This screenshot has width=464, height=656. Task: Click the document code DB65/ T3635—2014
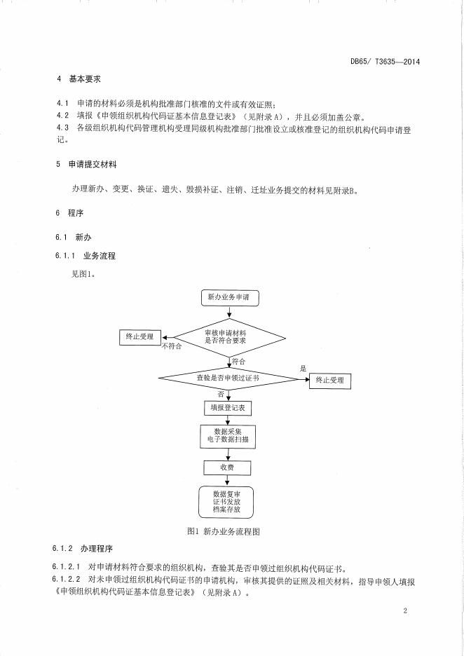[385, 62]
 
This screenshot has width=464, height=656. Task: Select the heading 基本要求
[85, 78]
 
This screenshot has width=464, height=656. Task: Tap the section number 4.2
[62, 116]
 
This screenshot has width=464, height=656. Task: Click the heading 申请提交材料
[93, 165]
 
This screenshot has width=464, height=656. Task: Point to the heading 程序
[76, 213]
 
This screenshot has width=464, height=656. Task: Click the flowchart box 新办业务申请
[229, 297]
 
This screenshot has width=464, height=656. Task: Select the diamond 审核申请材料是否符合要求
[230, 338]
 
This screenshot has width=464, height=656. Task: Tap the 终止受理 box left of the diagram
[139, 336]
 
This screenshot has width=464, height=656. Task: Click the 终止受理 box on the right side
[330, 381]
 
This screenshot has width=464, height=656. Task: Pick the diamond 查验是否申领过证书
[230, 378]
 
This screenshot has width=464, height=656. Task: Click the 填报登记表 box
[228, 408]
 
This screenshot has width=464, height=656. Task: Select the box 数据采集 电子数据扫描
[228, 437]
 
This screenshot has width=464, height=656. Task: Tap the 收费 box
[228, 467]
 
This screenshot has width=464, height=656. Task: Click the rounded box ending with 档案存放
[226, 502]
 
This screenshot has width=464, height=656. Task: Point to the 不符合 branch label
[172, 346]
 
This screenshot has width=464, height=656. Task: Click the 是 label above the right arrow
[303, 369]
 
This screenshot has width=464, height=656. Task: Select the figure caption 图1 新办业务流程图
[224, 531]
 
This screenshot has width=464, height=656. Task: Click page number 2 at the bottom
[405, 610]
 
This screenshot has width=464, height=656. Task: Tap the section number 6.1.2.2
[66, 582]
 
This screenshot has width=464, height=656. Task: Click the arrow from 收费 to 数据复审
[228, 481]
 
